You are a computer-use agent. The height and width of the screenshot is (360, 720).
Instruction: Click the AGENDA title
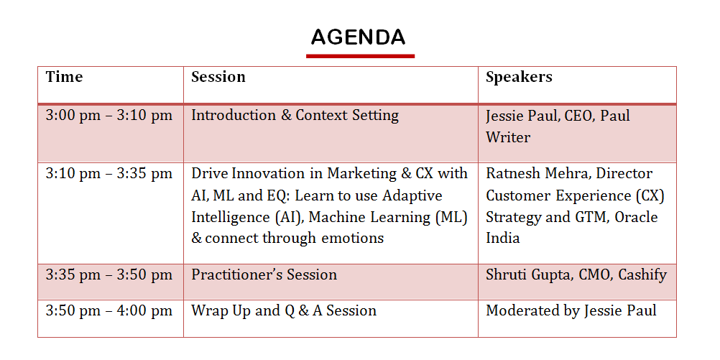pyautogui.click(x=358, y=37)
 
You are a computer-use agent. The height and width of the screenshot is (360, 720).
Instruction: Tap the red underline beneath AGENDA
pyautogui.click(x=361, y=56)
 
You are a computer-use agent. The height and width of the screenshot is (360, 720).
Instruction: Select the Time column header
pyautogui.click(x=64, y=77)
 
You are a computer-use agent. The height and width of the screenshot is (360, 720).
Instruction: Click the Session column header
pyautogui.click(x=218, y=77)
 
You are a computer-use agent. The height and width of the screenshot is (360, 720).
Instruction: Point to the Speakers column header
pyautogui.click(x=519, y=78)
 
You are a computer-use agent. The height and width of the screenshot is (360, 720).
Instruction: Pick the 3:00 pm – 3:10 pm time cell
pyautogui.click(x=109, y=115)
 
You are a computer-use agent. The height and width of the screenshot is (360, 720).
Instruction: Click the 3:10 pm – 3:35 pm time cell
pyautogui.click(x=109, y=174)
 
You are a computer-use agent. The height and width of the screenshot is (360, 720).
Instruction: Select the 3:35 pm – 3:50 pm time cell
pyautogui.click(x=109, y=275)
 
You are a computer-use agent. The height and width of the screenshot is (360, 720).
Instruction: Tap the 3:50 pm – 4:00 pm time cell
pyautogui.click(x=109, y=311)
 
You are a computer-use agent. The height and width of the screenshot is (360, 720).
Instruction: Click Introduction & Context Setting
pyautogui.click(x=295, y=115)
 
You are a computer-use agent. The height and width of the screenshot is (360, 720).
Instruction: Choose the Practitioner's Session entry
pyautogui.click(x=264, y=275)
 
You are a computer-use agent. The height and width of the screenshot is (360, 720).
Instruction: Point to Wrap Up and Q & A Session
pyautogui.click(x=284, y=311)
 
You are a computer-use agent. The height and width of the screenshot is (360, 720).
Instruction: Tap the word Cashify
pyautogui.click(x=642, y=275)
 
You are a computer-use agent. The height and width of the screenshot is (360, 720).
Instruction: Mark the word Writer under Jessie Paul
pyautogui.click(x=508, y=137)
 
